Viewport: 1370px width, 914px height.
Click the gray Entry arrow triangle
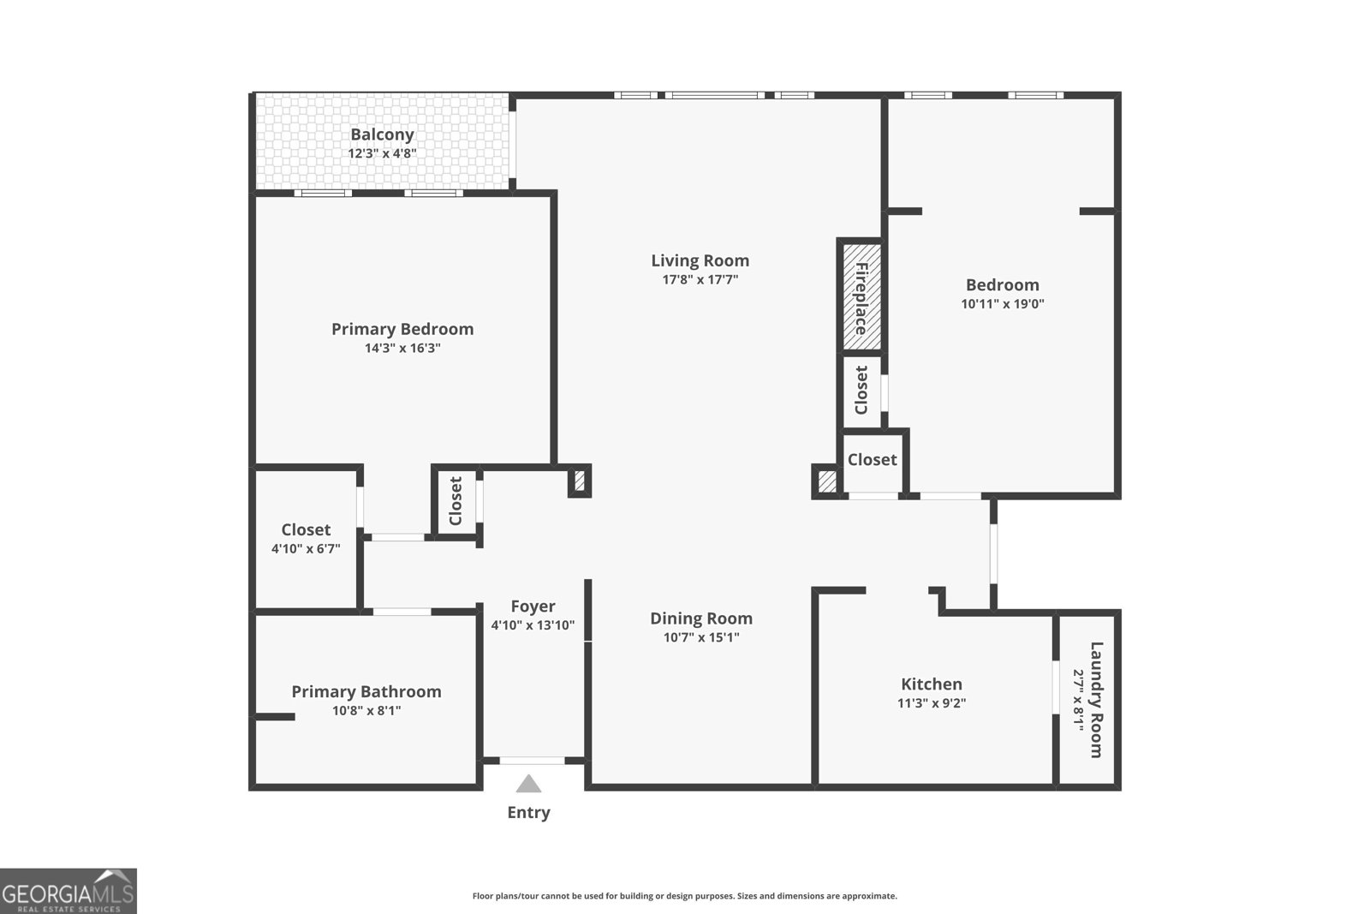tap(528, 784)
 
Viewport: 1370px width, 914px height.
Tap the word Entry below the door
tap(528, 812)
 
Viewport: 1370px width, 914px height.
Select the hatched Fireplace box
tap(861, 296)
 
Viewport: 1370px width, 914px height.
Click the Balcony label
tap(382, 134)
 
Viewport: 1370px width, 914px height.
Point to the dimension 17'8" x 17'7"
tap(700, 279)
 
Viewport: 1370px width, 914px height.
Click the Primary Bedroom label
tap(402, 329)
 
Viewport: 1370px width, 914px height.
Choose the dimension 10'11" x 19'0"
tap(1002, 303)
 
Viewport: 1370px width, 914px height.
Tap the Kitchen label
tap(931, 684)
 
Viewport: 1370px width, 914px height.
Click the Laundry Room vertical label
tap(1096, 699)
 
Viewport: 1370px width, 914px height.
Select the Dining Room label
tap(700, 618)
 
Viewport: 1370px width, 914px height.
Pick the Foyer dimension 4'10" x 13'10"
tap(533, 625)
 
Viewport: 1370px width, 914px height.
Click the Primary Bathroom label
tap(366, 691)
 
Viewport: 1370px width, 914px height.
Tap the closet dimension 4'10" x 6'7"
tap(306, 548)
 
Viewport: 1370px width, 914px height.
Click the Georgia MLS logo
tap(68, 891)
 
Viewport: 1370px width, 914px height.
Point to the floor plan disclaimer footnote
tap(684, 896)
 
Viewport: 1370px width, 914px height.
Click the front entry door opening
tap(532, 760)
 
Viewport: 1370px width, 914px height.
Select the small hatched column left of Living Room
tap(579, 481)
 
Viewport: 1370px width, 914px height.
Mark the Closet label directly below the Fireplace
tap(861, 390)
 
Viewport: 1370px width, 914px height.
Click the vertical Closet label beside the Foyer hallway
tap(456, 501)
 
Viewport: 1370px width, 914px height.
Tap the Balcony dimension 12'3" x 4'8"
tap(382, 153)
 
